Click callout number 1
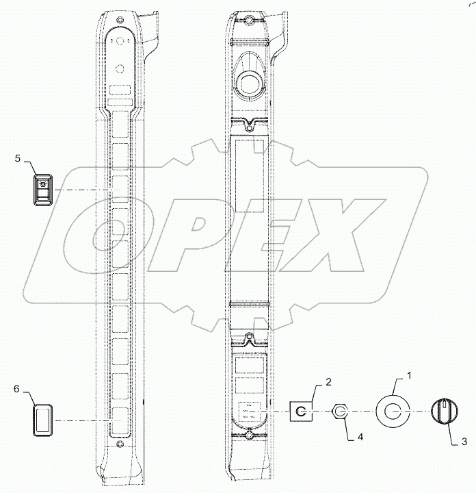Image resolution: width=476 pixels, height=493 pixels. click(410, 375)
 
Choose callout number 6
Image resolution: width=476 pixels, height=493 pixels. click(16, 388)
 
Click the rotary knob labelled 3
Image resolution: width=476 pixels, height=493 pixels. click(443, 412)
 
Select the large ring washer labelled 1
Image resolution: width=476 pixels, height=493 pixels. click(393, 411)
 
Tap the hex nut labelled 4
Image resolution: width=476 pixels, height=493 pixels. click(340, 412)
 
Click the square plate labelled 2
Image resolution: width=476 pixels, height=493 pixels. click(302, 412)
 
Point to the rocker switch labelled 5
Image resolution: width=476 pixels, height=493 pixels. click(42, 189)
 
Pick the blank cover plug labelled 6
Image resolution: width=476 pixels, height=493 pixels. click(42, 419)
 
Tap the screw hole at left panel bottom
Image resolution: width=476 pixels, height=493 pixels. click(120, 445)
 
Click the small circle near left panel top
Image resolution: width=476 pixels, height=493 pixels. click(120, 69)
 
